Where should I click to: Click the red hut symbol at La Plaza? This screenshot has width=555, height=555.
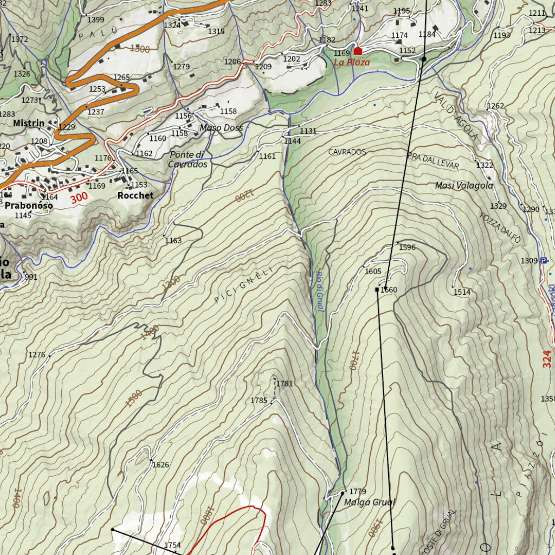click(358, 51)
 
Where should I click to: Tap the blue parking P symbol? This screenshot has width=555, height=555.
click(543, 261)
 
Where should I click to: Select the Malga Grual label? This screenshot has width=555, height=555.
click(370, 502)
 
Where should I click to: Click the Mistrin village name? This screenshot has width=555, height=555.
click(29, 124)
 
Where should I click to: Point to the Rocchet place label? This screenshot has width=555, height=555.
click(135, 195)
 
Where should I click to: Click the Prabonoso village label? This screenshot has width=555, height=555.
click(29, 206)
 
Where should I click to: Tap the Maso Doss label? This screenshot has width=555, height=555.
click(221, 128)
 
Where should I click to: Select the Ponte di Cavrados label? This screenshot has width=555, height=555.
click(188, 159)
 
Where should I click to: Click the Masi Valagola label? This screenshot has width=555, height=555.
click(464, 185)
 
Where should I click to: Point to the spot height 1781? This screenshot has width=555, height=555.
click(285, 384)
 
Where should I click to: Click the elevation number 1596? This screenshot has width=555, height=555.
click(407, 248)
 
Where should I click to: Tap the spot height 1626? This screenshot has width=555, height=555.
click(160, 464)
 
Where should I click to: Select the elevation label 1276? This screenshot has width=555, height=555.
click(37, 355)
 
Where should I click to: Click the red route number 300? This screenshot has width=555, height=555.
click(79, 198)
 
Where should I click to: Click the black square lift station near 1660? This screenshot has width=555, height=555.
click(377, 289)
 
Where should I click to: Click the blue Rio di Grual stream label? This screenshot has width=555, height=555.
click(319, 291)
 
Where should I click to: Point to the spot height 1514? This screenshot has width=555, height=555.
click(462, 292)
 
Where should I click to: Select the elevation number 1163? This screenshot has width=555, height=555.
click(173, 241)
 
